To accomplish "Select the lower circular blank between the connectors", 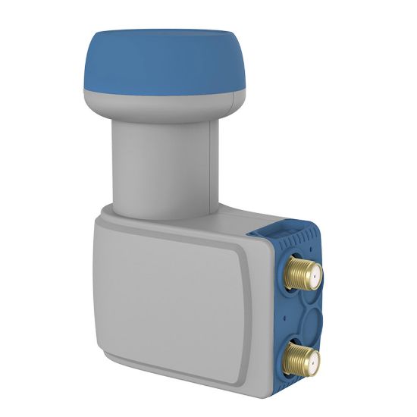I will tap(299, 327).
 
